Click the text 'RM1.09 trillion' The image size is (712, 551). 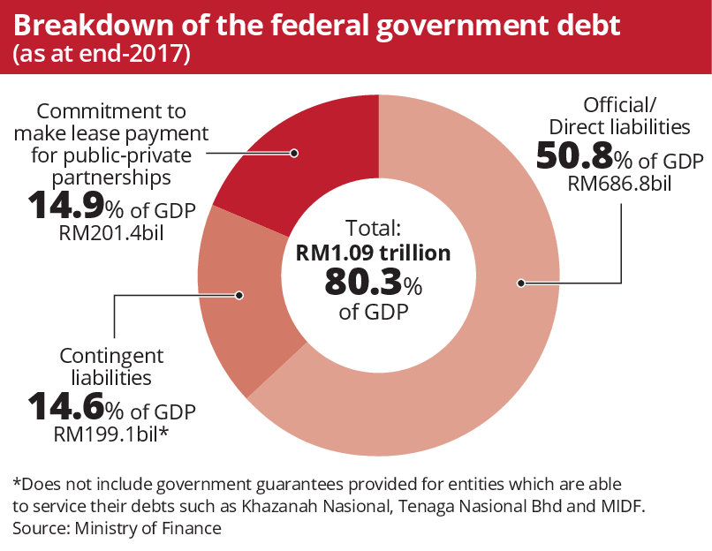coord(373,253)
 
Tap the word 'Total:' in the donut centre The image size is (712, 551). coord(373,226)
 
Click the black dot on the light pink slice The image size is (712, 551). coord(522,283)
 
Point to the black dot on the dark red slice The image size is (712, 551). coord(294,153)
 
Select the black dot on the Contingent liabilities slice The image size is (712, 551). coord(239,295)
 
